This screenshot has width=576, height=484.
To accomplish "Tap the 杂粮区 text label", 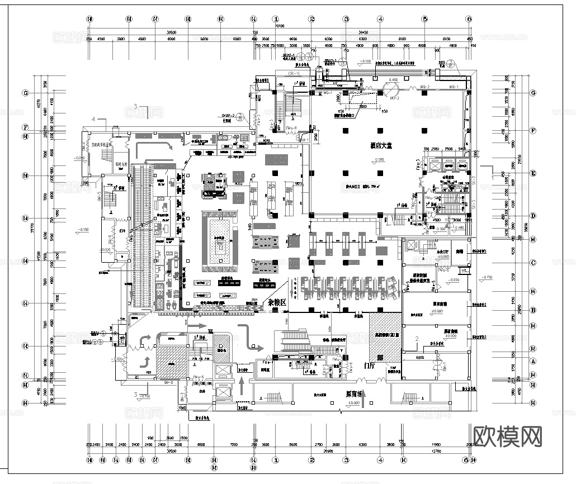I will point(276,302).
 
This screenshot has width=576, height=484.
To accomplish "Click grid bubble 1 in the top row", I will point(276,18).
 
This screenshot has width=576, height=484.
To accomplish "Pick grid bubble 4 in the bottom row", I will point(380,461).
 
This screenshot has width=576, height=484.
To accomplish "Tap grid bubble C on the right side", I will point(533,263).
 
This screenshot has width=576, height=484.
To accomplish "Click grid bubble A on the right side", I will point(533,361).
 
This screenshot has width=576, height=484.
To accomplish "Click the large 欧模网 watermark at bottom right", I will point(508,435).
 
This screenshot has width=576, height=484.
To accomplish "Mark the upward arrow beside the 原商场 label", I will point(363,398).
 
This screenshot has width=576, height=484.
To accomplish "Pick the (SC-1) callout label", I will point(294,74).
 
